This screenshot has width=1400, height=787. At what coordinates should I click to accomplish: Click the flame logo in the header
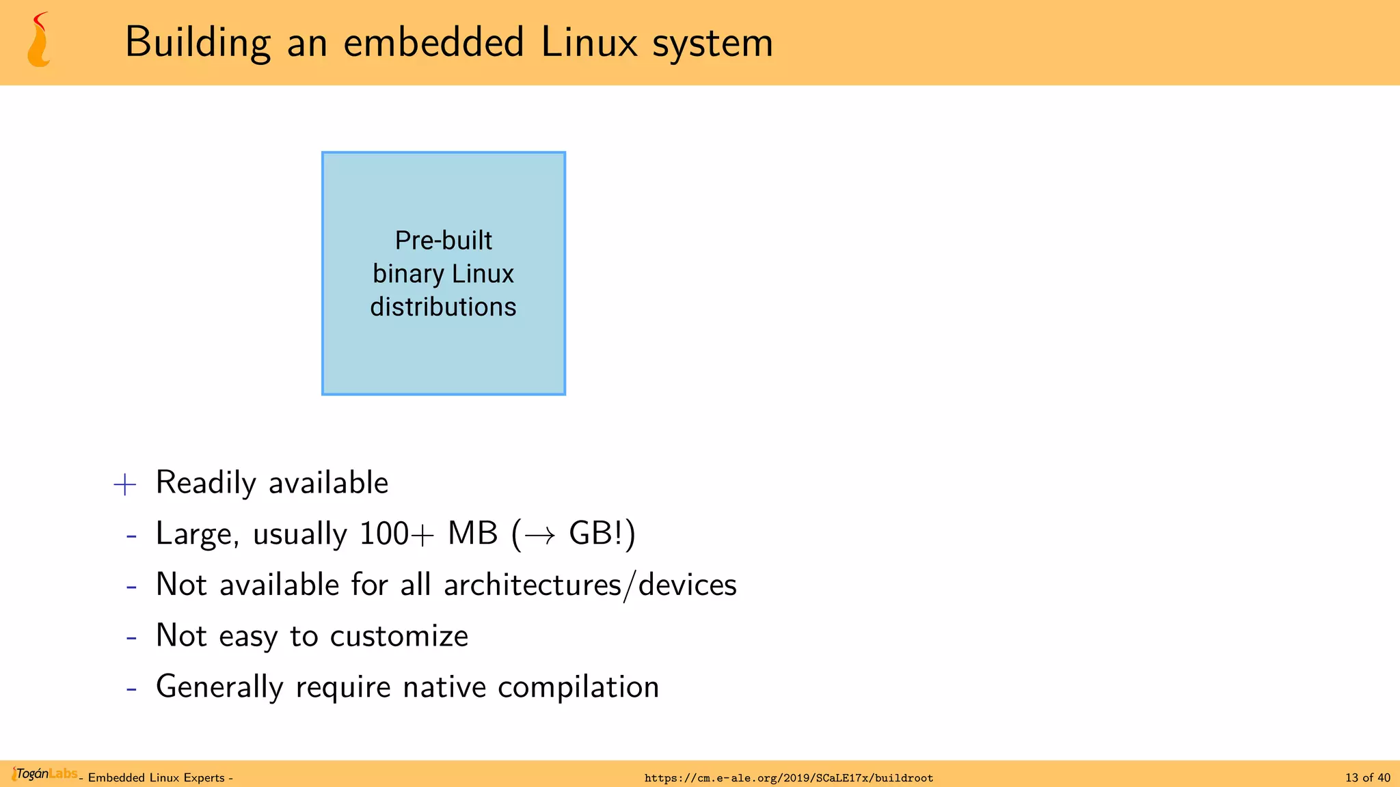39,40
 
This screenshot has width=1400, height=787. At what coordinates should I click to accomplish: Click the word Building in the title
198,43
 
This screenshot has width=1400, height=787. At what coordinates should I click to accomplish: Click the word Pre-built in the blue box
443,240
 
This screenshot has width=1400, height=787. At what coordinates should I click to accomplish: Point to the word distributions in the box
443,307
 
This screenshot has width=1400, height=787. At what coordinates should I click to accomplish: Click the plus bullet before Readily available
125,484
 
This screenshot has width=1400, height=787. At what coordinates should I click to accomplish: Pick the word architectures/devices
590,585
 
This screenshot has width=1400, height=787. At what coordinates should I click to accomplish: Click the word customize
399,637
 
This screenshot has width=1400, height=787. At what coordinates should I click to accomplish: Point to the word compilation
578,687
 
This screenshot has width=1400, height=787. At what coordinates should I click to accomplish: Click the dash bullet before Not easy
131,637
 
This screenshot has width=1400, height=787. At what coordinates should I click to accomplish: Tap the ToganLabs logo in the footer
44,774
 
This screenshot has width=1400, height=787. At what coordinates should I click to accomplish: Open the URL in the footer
788,778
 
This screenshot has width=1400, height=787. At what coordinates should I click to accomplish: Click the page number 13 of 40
1367,777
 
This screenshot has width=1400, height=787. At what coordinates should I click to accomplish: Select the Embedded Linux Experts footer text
157,778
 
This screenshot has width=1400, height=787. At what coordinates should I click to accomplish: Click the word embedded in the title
433,42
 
